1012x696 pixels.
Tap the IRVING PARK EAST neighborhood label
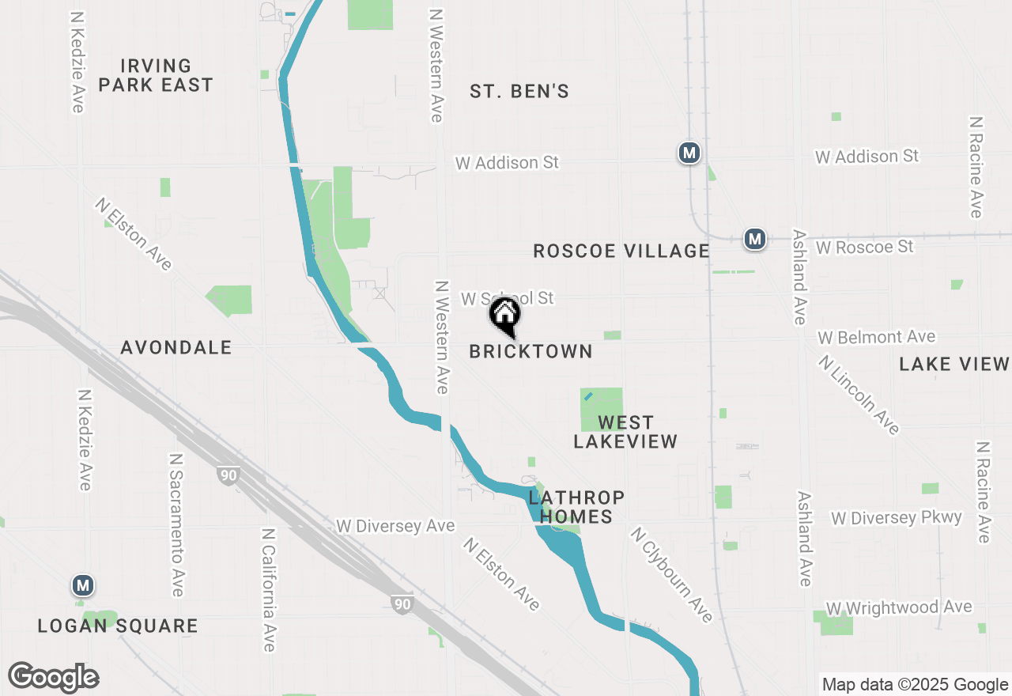pos(156,75)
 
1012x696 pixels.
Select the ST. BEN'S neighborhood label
pos(519,92)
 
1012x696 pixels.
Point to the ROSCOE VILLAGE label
pos(621,252)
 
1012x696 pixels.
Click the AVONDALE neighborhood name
pos(176,347)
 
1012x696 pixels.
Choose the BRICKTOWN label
pos(531,352)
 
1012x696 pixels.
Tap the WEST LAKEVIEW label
pos(625,432)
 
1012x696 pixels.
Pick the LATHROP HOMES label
pos(576,507)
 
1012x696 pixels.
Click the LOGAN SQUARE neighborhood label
pos(118,626)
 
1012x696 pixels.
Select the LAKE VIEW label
pos(954,364)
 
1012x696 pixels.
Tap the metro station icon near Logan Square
pos(83,586)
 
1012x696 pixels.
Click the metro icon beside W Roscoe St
pos(755,238)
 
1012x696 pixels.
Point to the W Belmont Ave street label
pos(877,338)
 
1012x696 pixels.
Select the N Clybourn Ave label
pos(671,575)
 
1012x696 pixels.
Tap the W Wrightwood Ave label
pos(899,607)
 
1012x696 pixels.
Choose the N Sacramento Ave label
pos(176,525)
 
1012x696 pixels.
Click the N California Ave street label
pos(268,590)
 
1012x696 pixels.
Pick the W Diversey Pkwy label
pos(897,518)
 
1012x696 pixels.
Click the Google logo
pos(54,677)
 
